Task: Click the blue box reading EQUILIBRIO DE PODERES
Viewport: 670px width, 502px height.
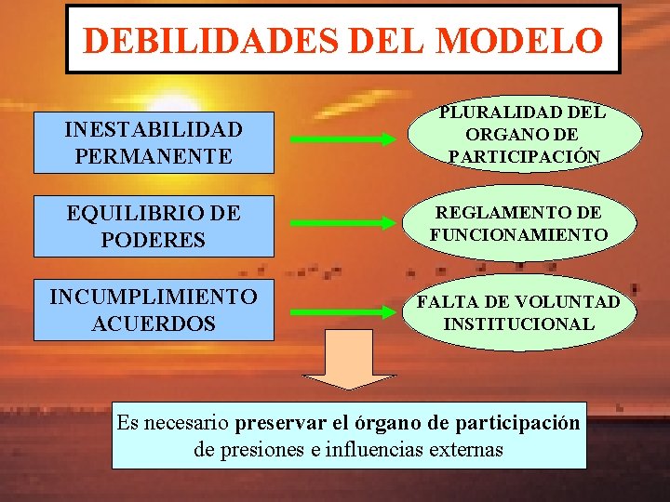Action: [154, 226]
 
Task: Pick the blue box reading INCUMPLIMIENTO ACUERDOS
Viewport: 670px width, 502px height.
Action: [154, 310]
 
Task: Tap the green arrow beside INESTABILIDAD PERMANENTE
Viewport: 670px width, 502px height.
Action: [342, 140]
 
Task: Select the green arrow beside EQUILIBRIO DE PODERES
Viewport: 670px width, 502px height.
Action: [342, 224]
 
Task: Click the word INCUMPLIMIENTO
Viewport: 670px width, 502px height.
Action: [154, 297]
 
